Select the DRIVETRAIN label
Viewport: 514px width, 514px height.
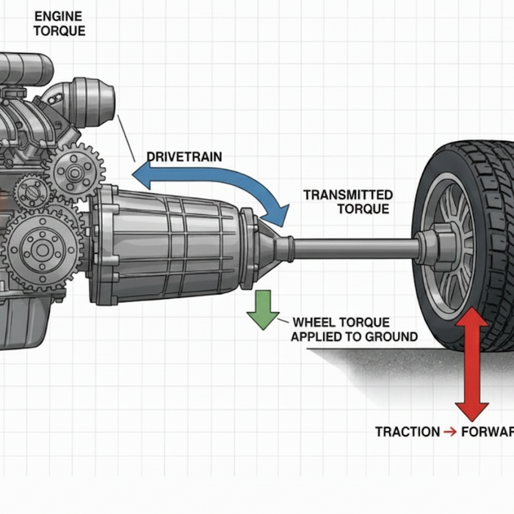tap(184, 156)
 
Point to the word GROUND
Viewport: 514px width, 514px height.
tap(392, 337)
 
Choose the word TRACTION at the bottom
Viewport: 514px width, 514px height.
tap(407, 432)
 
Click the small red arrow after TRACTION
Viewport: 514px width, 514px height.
tap(450, 432)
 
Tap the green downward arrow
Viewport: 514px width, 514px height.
tap(262, 309)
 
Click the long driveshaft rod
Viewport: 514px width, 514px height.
tap(352, 248)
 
